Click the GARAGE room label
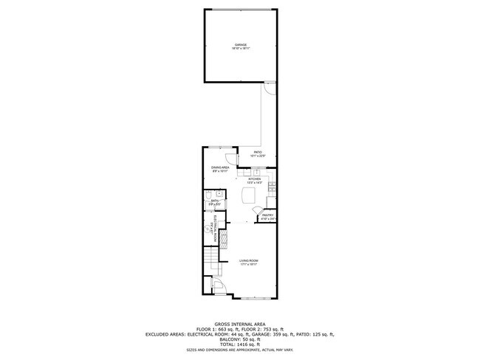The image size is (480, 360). (240, 45)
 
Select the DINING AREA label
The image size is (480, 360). (221, 168)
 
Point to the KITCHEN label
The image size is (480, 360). (255, 179)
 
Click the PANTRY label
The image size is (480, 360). (267, 215)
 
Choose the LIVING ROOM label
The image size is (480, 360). (249, 261)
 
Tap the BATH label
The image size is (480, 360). (215, 200)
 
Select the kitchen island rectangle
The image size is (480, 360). (250, 195)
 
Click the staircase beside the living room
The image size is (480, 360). (211, 259)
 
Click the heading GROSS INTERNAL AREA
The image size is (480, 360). (240, 324)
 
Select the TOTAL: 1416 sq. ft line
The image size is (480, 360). (240, 345)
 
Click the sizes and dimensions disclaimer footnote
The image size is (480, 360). (240, 351)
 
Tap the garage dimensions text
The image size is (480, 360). (240, 49)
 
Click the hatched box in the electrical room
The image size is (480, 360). (213, 232)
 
